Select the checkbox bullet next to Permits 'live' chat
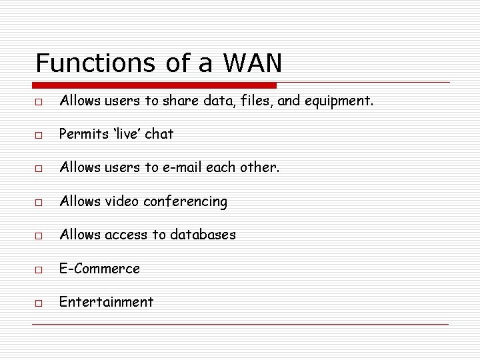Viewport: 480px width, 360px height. [40, 135]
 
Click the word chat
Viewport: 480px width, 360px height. [159, 134]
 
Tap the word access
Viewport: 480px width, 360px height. [121, 235]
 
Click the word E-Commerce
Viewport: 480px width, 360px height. [99, 269]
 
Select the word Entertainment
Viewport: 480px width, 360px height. [106, 302]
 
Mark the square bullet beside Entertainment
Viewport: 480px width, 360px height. [40, 303]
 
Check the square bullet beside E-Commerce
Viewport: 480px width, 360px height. [40, 270]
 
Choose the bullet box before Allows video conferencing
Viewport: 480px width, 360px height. [40, 203]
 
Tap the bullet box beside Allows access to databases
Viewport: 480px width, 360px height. [40, 236]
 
